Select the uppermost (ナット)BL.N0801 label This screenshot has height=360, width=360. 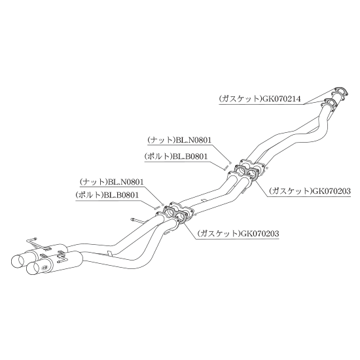pyautogui.click(x=179, y=140)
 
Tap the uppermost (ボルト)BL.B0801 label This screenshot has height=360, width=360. pyautogui.click(x=176, y=156)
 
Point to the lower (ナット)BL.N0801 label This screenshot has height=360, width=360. pyautogui.click(x=111, y=182)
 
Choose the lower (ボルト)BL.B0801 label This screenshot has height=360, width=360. pyautogui.click(x=107, y=195)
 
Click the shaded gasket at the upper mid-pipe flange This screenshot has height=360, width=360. pyautogui.click(x=245, y=171)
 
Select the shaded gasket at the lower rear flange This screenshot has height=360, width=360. pyautogui.click(x=175, y=213)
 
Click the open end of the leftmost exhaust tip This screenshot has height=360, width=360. pyautogui.click(x=17, y=261)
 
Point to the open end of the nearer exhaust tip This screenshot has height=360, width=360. pyautogui.click(x=33, y=268)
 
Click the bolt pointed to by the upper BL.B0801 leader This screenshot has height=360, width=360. pyautogui.click(x=225, y=167)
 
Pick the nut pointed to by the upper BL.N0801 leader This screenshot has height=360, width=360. pyautogui.click(x=228, y=162)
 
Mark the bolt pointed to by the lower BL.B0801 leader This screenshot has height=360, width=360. pyautogui.click(x=156, y=207)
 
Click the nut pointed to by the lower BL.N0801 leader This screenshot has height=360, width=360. pyautogui.click(x=163, y=204)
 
